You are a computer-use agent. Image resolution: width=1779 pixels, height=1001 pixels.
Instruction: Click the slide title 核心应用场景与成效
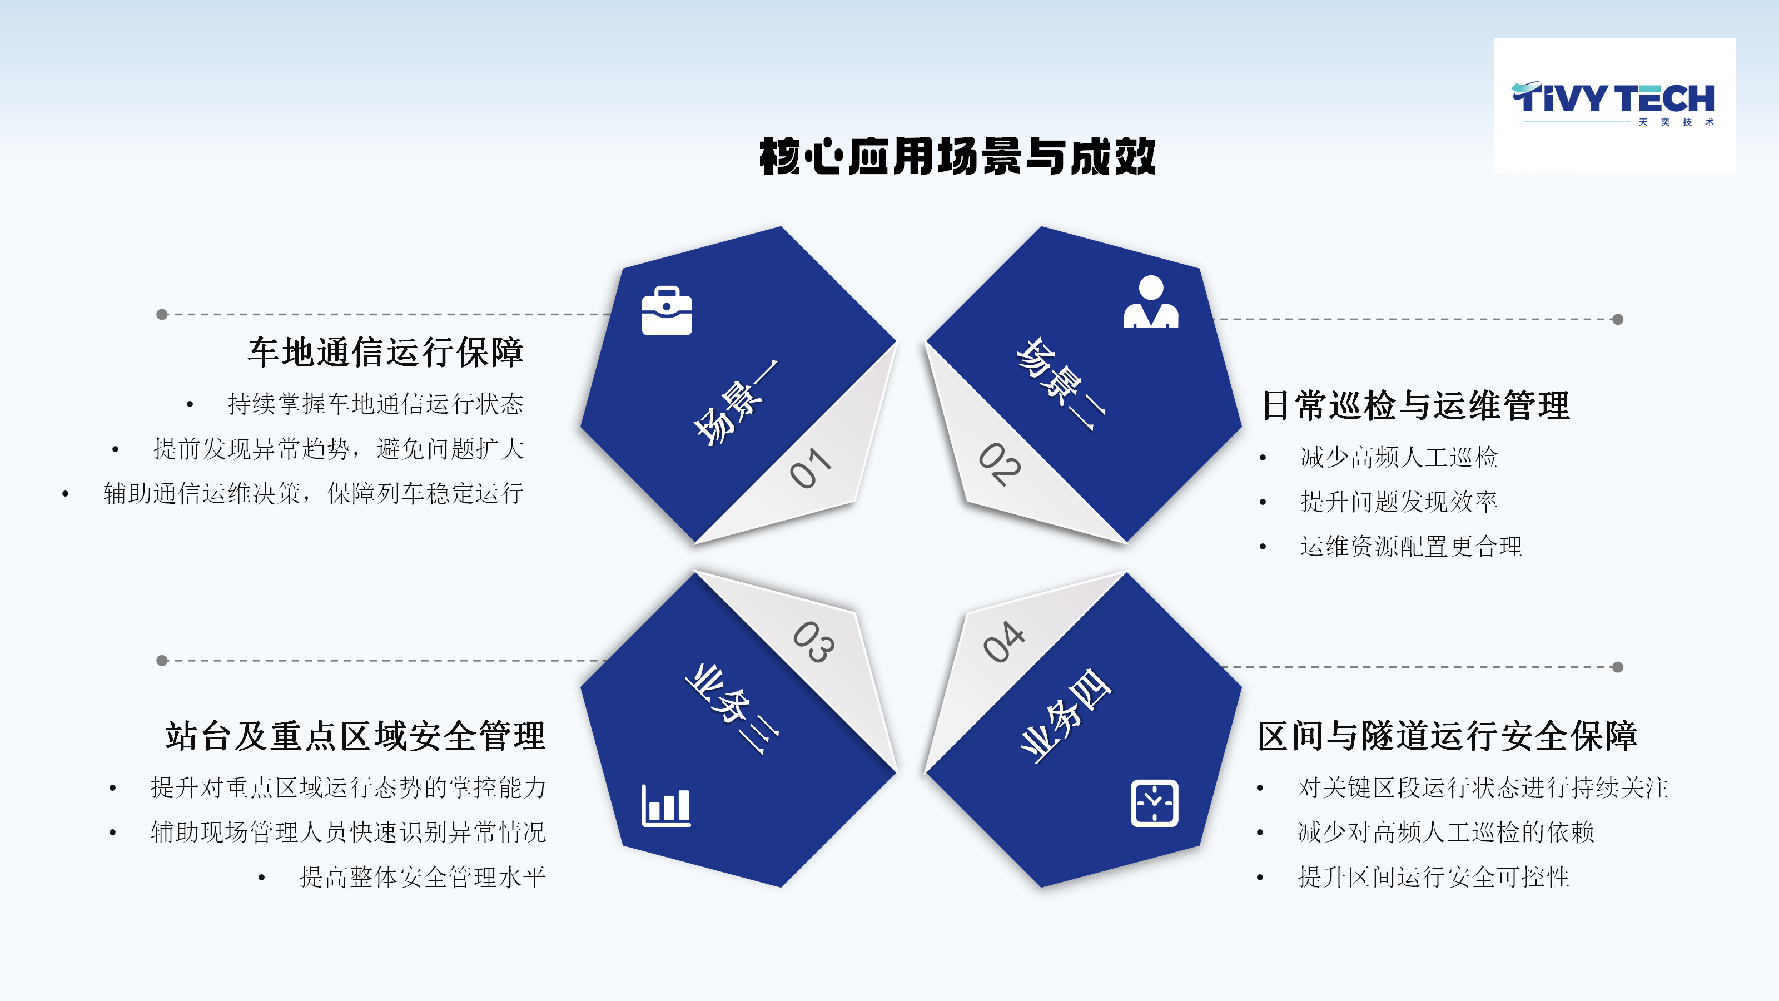pyautogui.click(x=957, y=156)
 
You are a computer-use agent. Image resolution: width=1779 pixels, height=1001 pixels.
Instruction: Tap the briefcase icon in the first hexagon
pyautogui.click(x=667, y=310)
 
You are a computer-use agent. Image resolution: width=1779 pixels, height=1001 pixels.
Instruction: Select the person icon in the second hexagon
pyautogui.click(x=1151, y=301)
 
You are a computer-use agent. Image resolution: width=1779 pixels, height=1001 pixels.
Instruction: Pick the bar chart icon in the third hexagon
pyautogui.click(x=666, y=805)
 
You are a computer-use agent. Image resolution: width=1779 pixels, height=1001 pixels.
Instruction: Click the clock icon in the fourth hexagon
pyautogui.click(x=1154, y=802)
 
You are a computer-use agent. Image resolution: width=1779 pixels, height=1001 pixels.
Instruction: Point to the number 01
pyautogui.click(x=811, y=468)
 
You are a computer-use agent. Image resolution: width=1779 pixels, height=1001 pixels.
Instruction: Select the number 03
pyautogui.click(x=813, y=642)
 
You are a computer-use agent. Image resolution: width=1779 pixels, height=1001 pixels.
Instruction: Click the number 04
pyautogui.click(x=1003, y=641)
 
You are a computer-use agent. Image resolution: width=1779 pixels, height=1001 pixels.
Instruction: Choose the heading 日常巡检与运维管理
pyautogui.click(x=1416, y=405)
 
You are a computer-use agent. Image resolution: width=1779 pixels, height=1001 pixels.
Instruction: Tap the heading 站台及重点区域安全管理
pyautogui.click(x=355, y=735)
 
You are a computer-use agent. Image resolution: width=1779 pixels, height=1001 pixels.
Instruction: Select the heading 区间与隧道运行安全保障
pyautogui.click(x=1448, y=735)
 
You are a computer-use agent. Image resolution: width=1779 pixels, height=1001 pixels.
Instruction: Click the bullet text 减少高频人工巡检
pyautogui.click(x=1399, y=457)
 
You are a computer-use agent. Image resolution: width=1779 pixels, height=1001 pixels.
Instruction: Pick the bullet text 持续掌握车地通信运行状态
pyautogui.click(x=376, y=403)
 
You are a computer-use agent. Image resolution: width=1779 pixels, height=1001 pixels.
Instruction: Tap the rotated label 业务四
pyautogui.click(x=1066, y=716)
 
